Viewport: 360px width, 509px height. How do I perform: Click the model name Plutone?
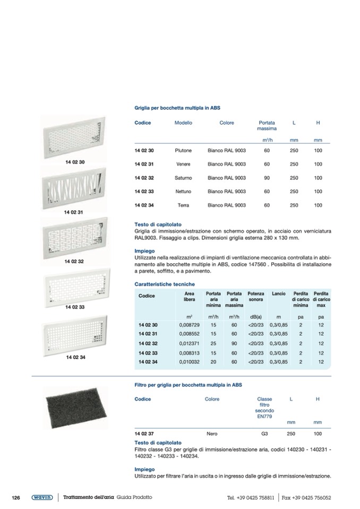pos(183,151)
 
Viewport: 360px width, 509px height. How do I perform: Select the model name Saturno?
pos(183,178)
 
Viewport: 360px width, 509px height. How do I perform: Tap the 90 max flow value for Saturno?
pos(267,178)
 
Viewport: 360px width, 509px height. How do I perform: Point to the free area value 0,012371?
pos(189,343)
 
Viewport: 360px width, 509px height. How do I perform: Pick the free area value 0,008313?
pos(189,353)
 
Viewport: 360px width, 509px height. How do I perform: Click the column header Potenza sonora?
pos(255,297)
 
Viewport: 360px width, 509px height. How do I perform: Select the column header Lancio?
pos(279,294)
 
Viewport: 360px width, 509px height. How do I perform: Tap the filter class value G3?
pos(264,434)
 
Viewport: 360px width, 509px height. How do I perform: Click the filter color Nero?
pos(212,434)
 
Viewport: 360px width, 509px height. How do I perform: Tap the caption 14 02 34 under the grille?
pos(76,357)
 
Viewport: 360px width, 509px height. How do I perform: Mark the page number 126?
pos(16,497)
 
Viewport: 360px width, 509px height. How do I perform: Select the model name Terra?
pos(183,205)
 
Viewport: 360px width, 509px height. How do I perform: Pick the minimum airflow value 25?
pos(213,343)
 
